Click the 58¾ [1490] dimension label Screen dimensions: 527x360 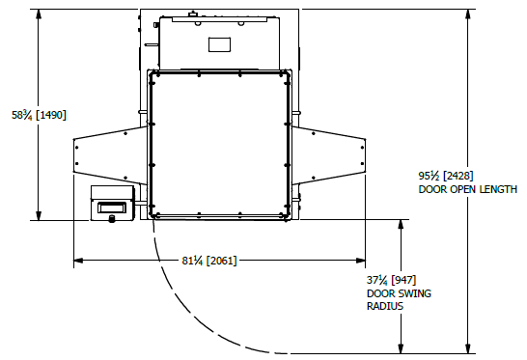click(x=39, y=115)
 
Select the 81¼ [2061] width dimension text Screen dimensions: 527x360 click(x=209, y=261)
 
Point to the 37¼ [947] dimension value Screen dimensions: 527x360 click(x=391, y=280)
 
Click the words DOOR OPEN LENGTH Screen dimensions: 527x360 click(x=467, y=189)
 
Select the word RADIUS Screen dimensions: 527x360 click(x=385, y=306)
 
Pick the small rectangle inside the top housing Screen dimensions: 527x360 click(x=219, y=44)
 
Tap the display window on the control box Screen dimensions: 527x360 click(x=112, y=208)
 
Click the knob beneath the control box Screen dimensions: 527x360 click(x=111, y=219)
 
